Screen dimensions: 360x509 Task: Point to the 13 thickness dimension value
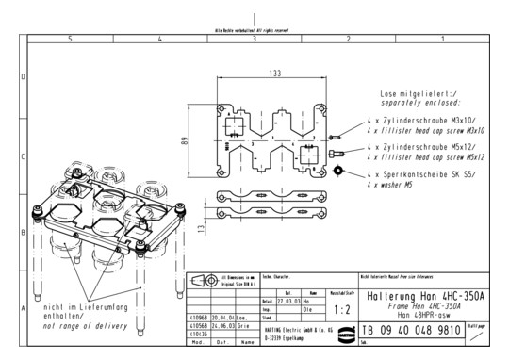tap(199, 229)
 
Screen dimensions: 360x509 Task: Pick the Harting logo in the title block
tap(343, 329)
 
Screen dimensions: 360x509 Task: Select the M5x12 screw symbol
tap(337, 152)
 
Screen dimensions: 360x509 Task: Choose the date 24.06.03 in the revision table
tap(222, 326)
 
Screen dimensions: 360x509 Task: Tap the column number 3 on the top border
tap(254, 38)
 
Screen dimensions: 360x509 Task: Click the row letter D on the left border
tap(24, 77)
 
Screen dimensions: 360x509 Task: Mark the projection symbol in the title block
tap(198, 283)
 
